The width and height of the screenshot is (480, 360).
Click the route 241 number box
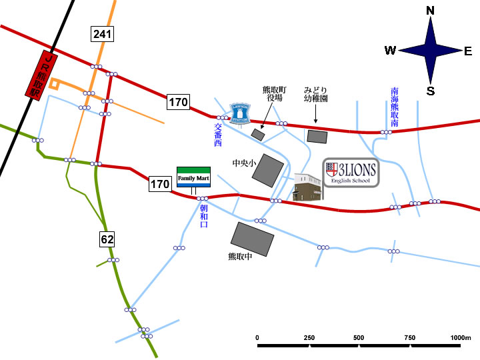103,34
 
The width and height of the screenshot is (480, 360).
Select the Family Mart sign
193,177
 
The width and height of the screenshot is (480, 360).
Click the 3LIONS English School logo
351,173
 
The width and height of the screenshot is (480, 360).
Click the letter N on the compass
430,11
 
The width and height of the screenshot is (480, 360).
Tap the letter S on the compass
430,91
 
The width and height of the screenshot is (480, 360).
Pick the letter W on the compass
391,51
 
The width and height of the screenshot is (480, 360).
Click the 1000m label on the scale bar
461,338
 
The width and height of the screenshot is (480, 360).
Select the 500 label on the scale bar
359,338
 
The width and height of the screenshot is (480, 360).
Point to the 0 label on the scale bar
258,338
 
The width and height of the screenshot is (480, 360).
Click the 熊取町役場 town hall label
275,93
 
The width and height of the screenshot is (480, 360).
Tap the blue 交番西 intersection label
217,135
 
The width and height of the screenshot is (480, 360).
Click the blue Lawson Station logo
239,114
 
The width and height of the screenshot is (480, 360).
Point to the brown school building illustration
308,187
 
